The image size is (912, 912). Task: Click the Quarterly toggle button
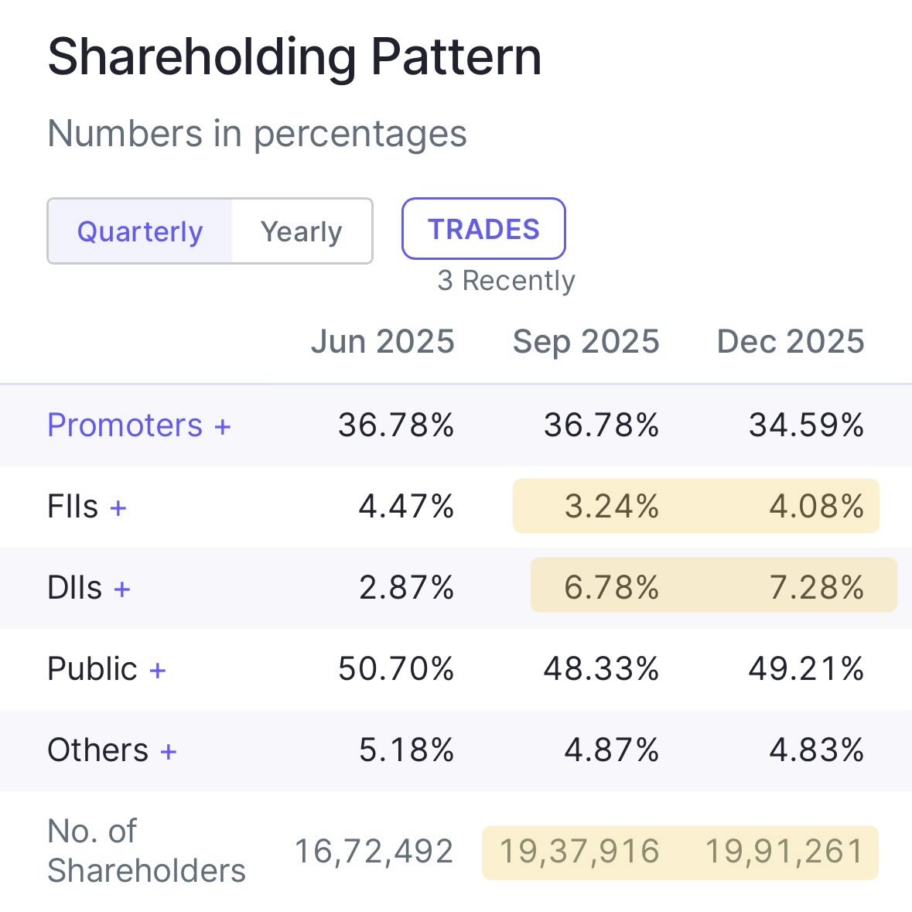click(x=140, y=231)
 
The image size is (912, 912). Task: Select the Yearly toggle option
click(x=301, y=231)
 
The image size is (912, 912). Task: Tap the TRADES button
click(x=483, y=229)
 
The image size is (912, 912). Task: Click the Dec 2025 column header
click(x=790, y=341)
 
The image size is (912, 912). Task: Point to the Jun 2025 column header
click(x=382, y=341)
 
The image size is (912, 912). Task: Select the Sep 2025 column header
click(x=586, y=341)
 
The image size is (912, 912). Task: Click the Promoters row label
click(x=125, y=425)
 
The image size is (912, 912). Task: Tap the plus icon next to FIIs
click(x=118, y=507)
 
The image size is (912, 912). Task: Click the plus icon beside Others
click(x=169, y=750)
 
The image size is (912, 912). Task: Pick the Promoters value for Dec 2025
click(x=806, y=425)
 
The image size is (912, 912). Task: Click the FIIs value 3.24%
click(x=611, y=507)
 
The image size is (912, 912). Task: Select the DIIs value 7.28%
click(x=816, y=588)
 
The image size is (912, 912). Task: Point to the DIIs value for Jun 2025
click(x=406, y=588)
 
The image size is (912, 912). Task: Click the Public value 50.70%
click(x=395, y=669)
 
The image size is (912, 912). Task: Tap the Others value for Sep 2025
click(x=611, y=750)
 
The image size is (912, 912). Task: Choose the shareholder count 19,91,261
click(x=784, y=852)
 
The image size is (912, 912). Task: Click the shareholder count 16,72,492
click(x=374, y=852)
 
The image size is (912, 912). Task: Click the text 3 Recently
click(x=506, y=280)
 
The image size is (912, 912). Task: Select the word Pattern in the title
click(x=456, y=57)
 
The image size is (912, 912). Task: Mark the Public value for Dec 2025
click(x=806, y=669)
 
